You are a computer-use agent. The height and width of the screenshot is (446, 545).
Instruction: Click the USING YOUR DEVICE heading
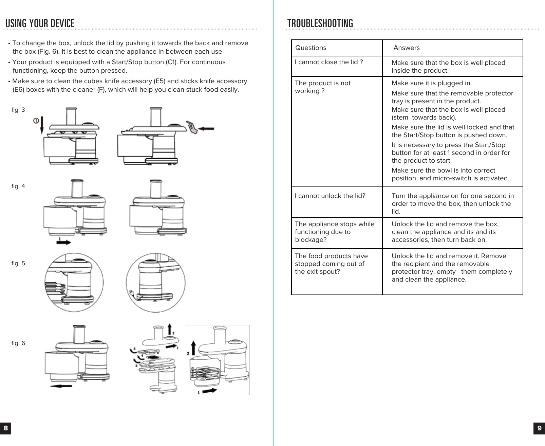tap(40, 23)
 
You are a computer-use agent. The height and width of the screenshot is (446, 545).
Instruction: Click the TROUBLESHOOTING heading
tap(320, 23)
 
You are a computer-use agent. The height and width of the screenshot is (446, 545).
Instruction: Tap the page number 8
tap(5, 428)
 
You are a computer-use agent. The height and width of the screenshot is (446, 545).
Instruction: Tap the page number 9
tap(539, 428)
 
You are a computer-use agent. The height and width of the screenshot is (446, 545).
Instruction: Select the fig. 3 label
tap(18, 110)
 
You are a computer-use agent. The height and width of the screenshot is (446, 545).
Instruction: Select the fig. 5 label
tap(18, 263)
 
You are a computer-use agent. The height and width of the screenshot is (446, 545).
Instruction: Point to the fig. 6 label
tap(18, 343)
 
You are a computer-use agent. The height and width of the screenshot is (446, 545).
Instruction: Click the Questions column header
tap(311, 48)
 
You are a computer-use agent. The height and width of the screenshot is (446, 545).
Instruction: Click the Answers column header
tap(406, 48)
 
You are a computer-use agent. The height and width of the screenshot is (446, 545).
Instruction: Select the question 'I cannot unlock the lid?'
tap(330, 196)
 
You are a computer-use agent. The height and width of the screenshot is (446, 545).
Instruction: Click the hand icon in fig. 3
tap(193, 128)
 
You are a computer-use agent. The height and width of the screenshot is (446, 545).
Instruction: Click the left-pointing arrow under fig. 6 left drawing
tap(61, 386)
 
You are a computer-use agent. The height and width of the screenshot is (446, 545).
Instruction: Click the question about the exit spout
tap(331, 264)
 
